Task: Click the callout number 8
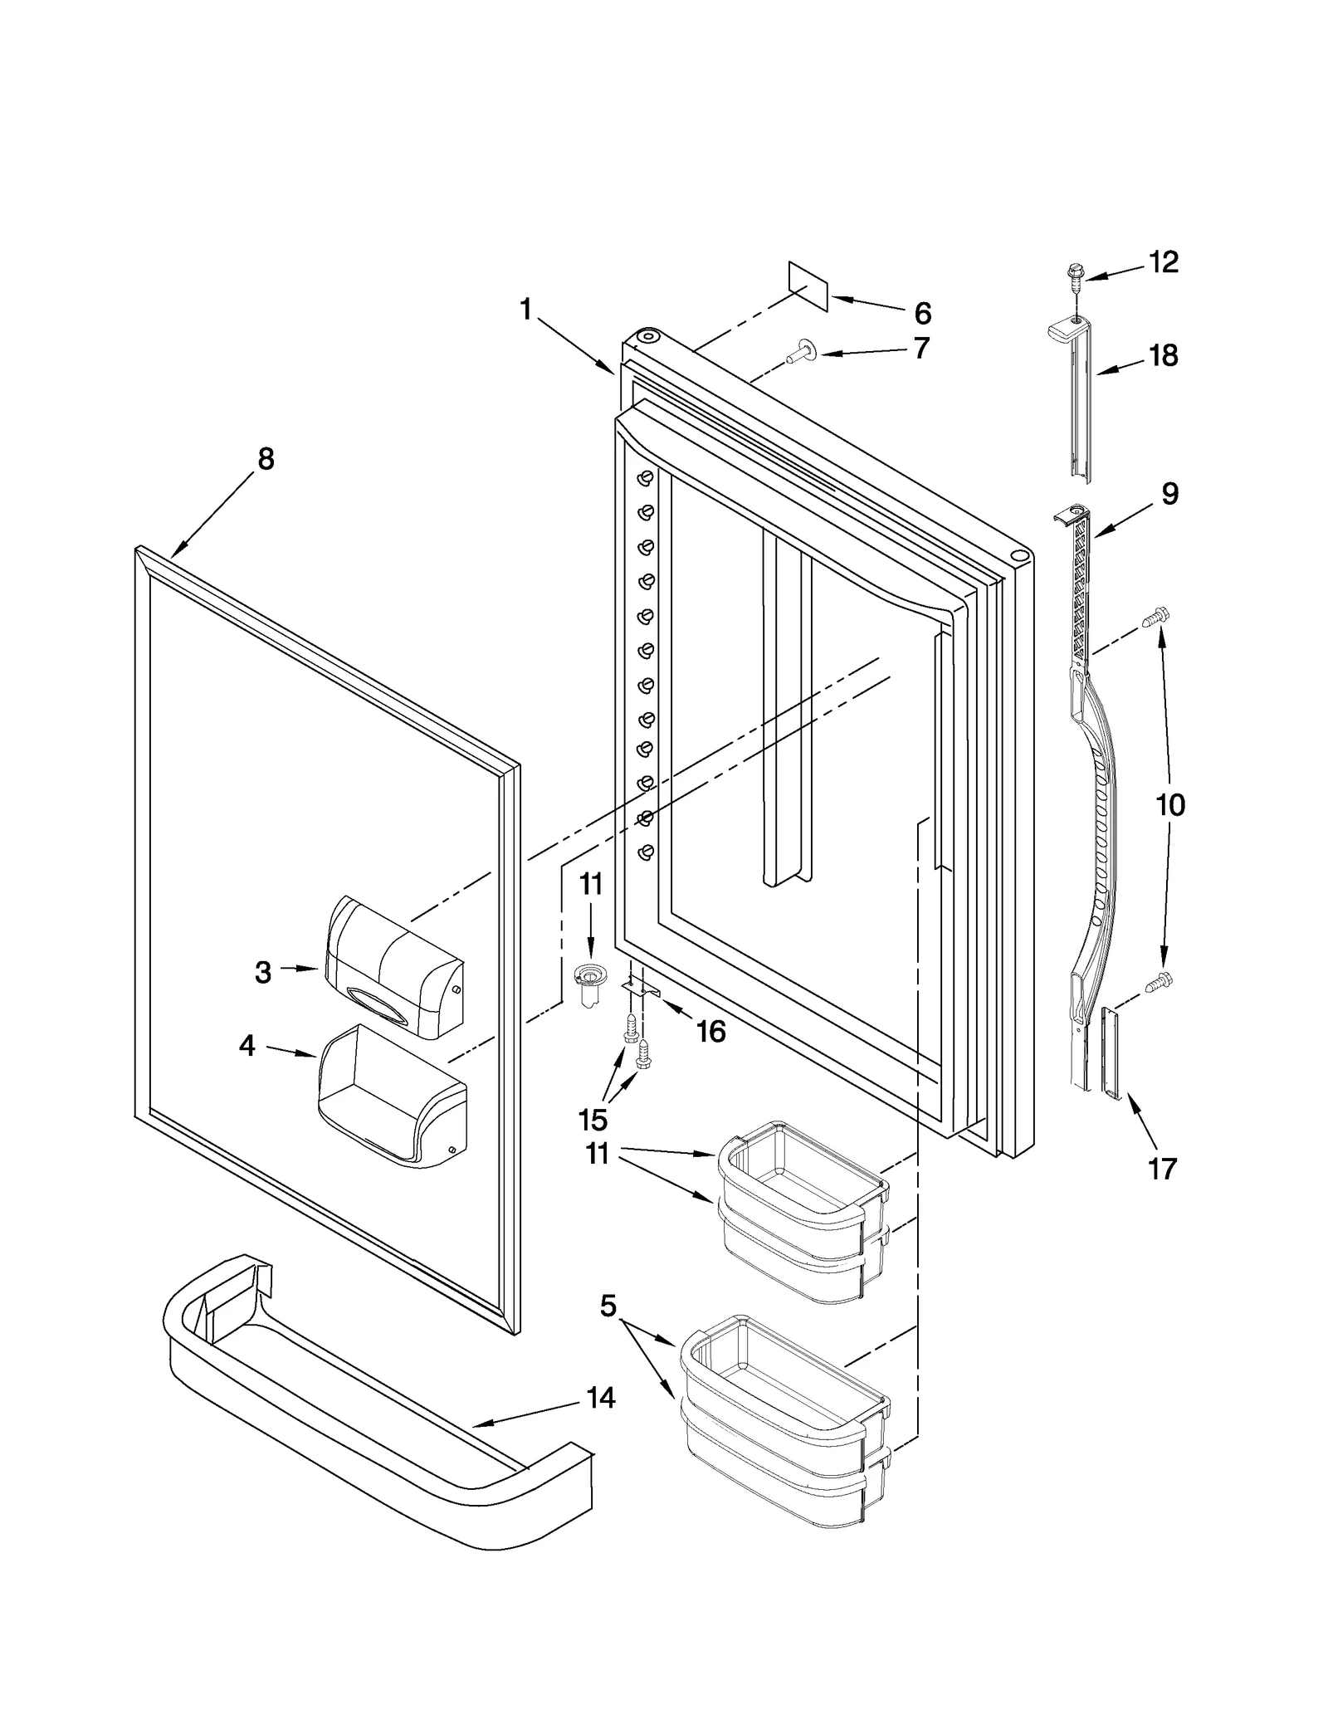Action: click(x=266, y=459)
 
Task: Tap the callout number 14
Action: click(x=600, y=1399)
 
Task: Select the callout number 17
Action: click(x=1162, y=1169)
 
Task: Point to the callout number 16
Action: click(x=710, y=1032)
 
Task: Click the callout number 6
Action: click(x=922, y=313)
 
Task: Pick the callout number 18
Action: click(x=1164, y=355)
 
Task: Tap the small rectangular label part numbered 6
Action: click(x=808, y=286)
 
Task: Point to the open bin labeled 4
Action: click(x=390, y=1097)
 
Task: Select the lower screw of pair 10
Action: click(x=1155, y=984)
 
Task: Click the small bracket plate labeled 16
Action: click(x=640, y=988)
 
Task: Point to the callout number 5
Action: click(x=608, y=1306)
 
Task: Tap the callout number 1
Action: click(x=525, y=310)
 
